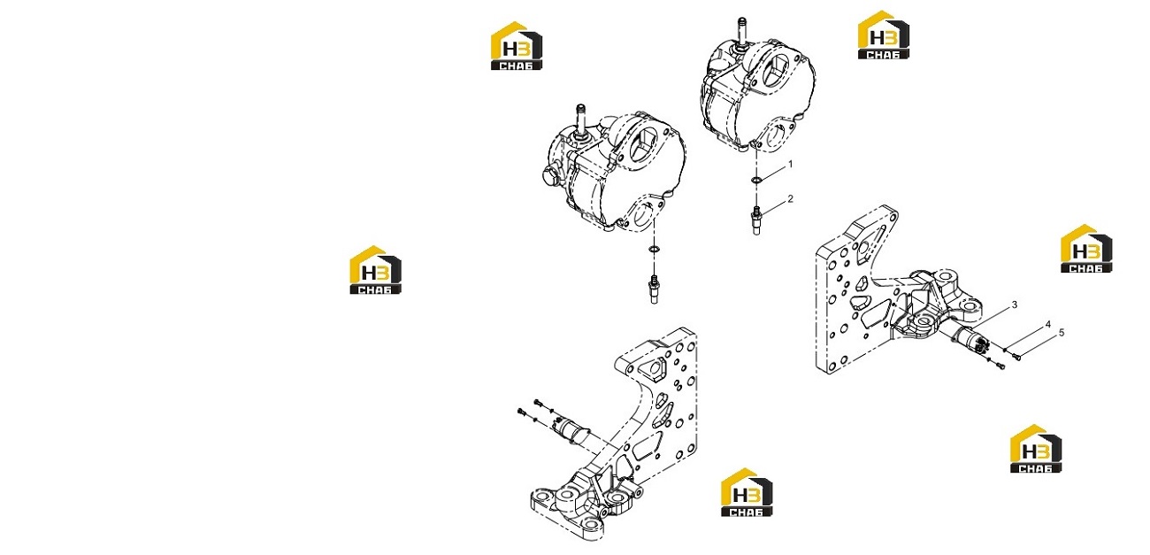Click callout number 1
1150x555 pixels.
pyautogui.click(x=791, y=165)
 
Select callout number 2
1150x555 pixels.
pyautogui.click(x=791, y=198)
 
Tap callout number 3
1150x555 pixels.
pyautogui.click(x=1014, y=304)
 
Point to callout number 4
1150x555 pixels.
pyautogui.click(x=1048, y=324)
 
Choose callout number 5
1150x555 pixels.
pyautogui.click(x=1062, y=333)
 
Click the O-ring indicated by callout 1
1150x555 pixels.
pyautogui.click(x=755, y=181)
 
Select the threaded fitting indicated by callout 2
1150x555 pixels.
pyautogui.click(x=755, y=220)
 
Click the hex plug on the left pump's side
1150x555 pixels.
pyautogui.click(x=550, y=175)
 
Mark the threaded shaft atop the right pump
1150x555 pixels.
pyautogui.click(x=742, y=32)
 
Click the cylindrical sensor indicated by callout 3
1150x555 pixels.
pyautogui.click(x=967, y=340)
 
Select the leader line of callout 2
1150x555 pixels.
pyautogui.click(x=773, y=207)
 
